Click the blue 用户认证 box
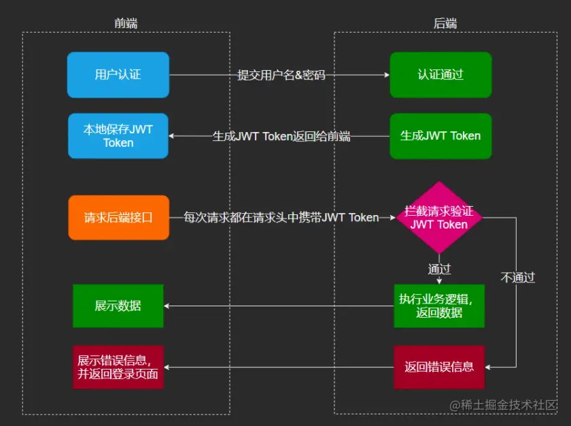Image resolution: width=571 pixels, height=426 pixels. click(x=118, y=74)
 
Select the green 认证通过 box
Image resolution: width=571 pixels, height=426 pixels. click(x=440, y=74)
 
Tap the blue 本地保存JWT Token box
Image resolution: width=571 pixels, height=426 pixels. click(x=118, y=135)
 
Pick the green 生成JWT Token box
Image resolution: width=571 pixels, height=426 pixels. click(x=440, y=135)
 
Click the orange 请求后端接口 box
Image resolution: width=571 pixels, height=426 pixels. click(x=118, y=218)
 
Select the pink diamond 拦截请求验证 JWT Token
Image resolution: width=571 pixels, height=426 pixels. click(x=439, y=218)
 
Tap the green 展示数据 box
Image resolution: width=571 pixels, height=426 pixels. click(x=118, y=306)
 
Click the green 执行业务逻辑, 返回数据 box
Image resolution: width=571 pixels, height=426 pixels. click(x=439, y=306)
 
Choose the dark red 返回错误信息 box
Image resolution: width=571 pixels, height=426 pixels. click(x=439, y=367)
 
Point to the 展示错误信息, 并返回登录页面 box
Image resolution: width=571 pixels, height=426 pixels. click(x=118, y=367)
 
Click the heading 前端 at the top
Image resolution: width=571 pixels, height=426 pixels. click(x=126, y=23)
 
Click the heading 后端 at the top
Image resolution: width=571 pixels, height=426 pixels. click(x=445, y=23)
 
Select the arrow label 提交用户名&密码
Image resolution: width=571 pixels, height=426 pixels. click(x=281, y=75)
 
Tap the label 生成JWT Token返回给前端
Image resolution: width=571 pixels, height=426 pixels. click(x=281, y=136)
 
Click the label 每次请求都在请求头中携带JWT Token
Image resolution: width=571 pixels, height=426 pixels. click(x=281, y=218)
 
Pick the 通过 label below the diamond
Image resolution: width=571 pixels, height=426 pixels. click(x=439, y=269)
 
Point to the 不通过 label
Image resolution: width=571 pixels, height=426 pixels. click(x=518, y=277)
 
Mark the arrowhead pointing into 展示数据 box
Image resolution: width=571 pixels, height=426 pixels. click(x=167, y=306)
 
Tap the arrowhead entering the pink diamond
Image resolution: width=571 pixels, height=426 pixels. click(x=394, y=218)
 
